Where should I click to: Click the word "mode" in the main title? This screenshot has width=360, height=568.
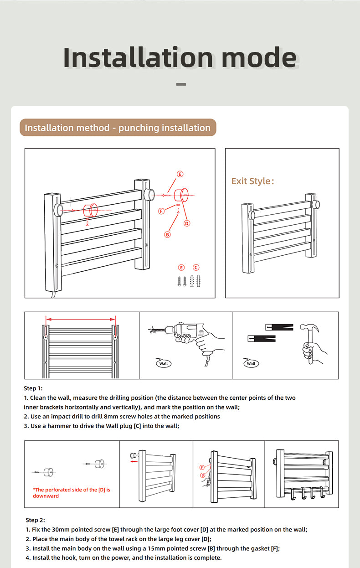pos(259,57)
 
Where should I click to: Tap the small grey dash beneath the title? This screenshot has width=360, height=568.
pos(181,84)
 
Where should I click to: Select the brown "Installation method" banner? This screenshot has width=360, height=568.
pos(118,128)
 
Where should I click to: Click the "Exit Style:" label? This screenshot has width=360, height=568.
pos(253,181)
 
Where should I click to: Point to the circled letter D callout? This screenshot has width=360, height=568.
pos(187,223)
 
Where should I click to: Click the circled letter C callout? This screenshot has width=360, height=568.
pos(196,268)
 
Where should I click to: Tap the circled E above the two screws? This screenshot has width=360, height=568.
pos(181,268)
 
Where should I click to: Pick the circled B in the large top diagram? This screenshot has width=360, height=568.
pos(167,235)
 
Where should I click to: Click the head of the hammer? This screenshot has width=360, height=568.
pos(309,327)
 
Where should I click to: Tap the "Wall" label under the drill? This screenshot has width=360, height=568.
pos(164,363)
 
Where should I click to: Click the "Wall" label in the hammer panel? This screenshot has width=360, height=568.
pos(251,363)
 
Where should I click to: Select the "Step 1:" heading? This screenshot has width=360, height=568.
pos(33,388)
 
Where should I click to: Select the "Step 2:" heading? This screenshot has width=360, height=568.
pos(35,520)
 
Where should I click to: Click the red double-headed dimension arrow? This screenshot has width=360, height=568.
pos(81,319)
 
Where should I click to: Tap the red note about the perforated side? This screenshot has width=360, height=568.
pos(72,493)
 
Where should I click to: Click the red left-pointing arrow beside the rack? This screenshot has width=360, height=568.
pos(134,461)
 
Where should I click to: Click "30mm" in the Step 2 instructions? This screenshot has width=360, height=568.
pos(61,529)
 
